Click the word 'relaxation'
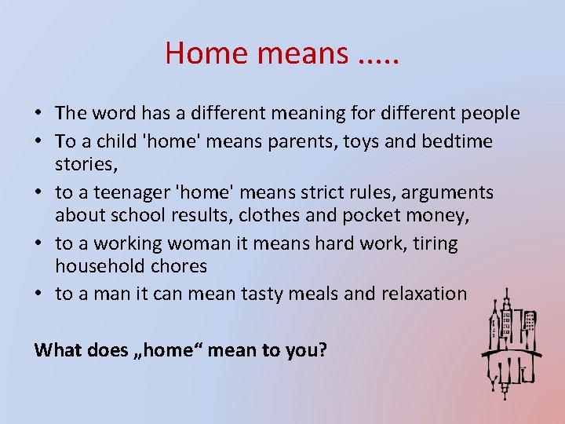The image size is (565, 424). click(x=424, y=294)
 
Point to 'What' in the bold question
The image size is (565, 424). click(x=58, y=349)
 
